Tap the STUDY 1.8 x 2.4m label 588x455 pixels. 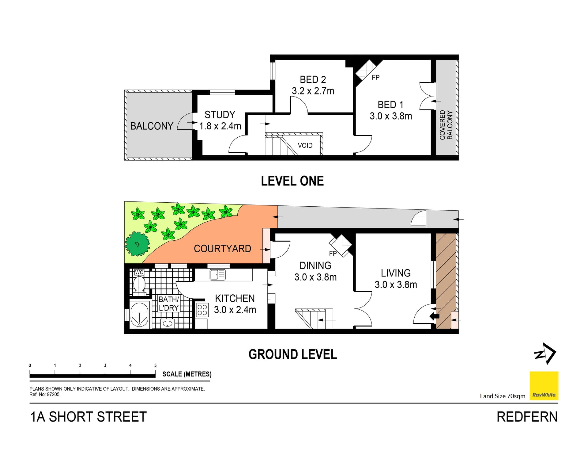click(220, 120)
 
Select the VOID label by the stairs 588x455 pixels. click(305, 145)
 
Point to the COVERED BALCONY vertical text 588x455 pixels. click(446, 125)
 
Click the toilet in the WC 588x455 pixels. click(139, 285)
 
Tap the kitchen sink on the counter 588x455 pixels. click(217, 275)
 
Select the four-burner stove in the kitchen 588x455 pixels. click(202, 310)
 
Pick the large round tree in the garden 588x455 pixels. click(138, 244)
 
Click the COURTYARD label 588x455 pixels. click(222, 248)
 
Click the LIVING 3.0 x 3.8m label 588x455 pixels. click(396, 279)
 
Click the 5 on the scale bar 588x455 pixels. click(155, 365)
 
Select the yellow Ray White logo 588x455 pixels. click(544, 386)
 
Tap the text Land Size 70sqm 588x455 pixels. click(502, 396)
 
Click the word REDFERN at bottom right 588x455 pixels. click(527, 417)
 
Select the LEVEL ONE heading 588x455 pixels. click(292, 181)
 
